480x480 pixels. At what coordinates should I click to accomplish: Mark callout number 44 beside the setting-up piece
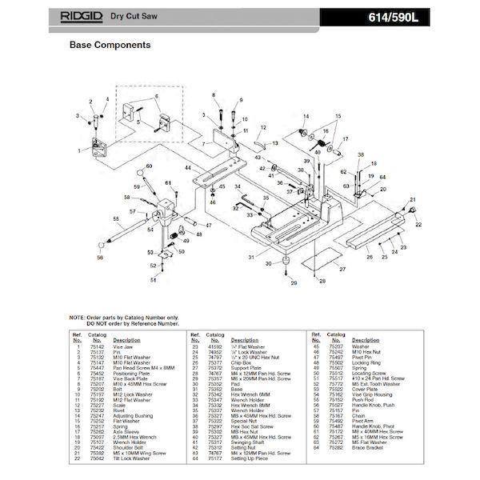186,169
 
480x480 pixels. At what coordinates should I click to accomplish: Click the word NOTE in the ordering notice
78,317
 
